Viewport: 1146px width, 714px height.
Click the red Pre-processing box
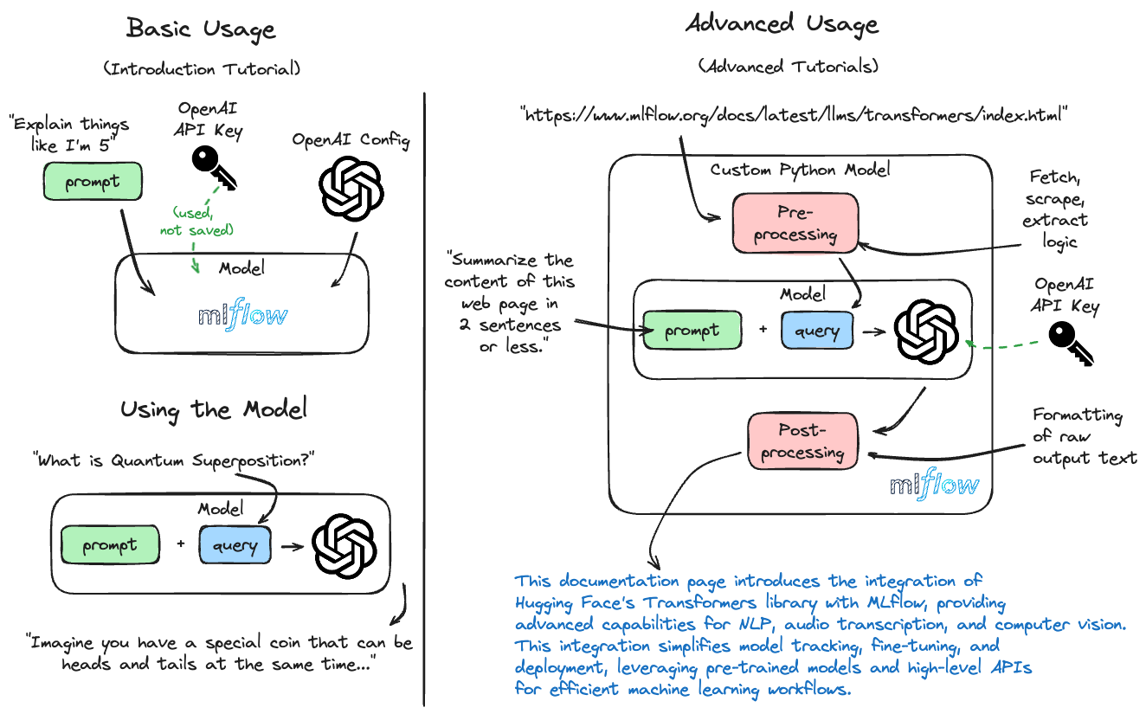pyautogui.click(x=795, y=224)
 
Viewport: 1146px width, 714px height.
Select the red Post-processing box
pyautogui.click(x=802, y=441)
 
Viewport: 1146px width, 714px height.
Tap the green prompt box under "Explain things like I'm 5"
pyautogui.click(x=92, y=183)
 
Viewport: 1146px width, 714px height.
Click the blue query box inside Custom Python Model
pyautogui.click(x=817, y=331)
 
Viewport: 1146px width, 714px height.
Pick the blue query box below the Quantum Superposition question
pyautogui.click(x=234, y=545)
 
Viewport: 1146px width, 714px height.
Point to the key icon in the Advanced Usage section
pyautogui.click(x=1070, y=344)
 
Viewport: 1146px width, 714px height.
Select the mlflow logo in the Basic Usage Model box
pyautogui.click(x=241, y=316)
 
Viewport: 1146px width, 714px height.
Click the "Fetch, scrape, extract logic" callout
pyautogui.click(x=1054, y=209)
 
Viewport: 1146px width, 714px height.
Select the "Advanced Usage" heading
pyautogui.click(x=782, y=23)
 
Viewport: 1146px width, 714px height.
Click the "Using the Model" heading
pyautogui.click(x=213, y=408)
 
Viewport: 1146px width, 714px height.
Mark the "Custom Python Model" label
pyautogui.click(x=800, y=169)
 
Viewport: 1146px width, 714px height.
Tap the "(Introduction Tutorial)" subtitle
pyautogui.click(x=202, y=68)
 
